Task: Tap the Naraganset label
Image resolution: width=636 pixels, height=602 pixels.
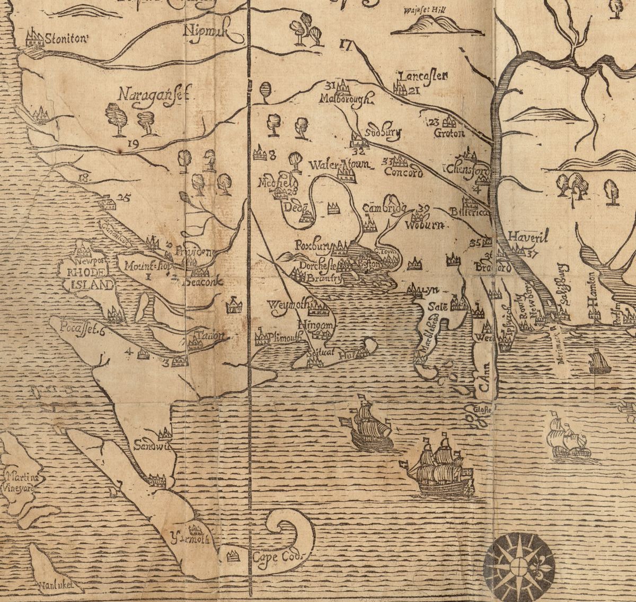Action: click(x=154, y=95)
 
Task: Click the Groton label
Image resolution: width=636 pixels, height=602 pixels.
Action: click(x=449, y=134)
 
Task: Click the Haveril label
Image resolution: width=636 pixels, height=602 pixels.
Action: click(x=527, y=237)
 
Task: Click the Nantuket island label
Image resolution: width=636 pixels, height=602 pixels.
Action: click(x=60, y=586)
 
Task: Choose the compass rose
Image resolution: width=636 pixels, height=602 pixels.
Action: click(x=519, y=566)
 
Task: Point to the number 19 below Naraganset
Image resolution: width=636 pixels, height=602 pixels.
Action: click(x=133, y=143)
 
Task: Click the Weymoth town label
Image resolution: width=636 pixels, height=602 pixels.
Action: click(x=286, y=306)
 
